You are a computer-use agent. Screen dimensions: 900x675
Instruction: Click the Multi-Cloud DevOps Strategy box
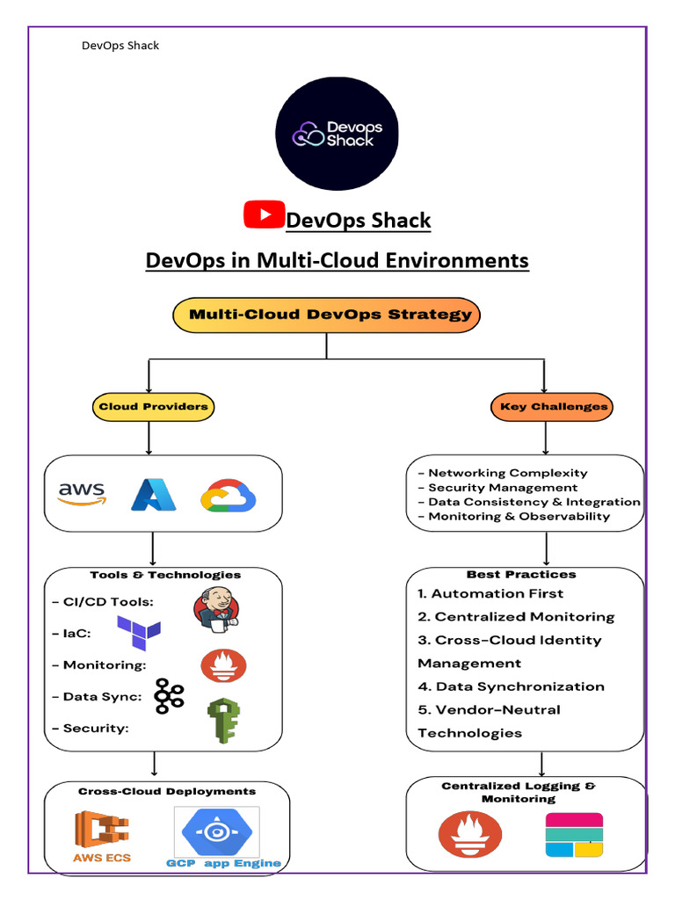326,315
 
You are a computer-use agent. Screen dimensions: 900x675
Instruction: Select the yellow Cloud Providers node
154,407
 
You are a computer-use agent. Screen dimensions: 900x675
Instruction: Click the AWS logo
82,493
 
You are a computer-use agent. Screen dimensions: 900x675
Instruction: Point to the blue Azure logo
154,494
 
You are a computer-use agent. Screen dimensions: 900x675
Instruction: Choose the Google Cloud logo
228,495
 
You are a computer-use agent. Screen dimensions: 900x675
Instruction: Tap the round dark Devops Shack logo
337,133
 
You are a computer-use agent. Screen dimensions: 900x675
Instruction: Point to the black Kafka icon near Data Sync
169,695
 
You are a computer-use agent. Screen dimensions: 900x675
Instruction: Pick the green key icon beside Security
223,721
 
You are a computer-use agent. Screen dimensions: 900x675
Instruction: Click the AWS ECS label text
102,857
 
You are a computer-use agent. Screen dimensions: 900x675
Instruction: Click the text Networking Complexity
508,473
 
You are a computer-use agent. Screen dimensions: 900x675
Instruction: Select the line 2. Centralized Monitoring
516,617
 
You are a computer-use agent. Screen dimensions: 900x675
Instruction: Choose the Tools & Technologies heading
164,575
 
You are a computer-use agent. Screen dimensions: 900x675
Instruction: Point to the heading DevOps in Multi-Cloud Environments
337,260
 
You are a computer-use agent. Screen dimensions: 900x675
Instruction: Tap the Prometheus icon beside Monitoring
223,665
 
